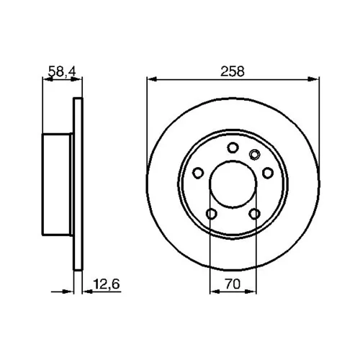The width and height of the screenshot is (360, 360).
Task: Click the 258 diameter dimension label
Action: pyautogui.click(x=233, y=71)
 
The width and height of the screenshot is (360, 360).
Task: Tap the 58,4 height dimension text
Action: pyautogui.click(x=62, y=71)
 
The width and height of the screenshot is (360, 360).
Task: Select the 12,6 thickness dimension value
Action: pyautogui.click(x=107, y=284)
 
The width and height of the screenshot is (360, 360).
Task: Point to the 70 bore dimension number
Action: pyautogui.click(x=233, y=284)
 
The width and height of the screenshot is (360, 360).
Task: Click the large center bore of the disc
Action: pyautogui.click(x=233, y=184)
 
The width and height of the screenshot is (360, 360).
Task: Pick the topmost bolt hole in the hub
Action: pyautogui.click(x=233, y=148)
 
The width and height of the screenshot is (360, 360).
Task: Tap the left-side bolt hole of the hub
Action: pyautogui.click(x=198, y=173)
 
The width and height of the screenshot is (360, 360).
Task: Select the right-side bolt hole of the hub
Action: pyautogui.click(x=268, y=173)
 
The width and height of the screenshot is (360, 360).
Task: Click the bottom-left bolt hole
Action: pyautogui.click(x=212, y=214)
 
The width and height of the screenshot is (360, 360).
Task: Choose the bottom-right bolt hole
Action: pyautogui.click(x=254, y=214)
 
